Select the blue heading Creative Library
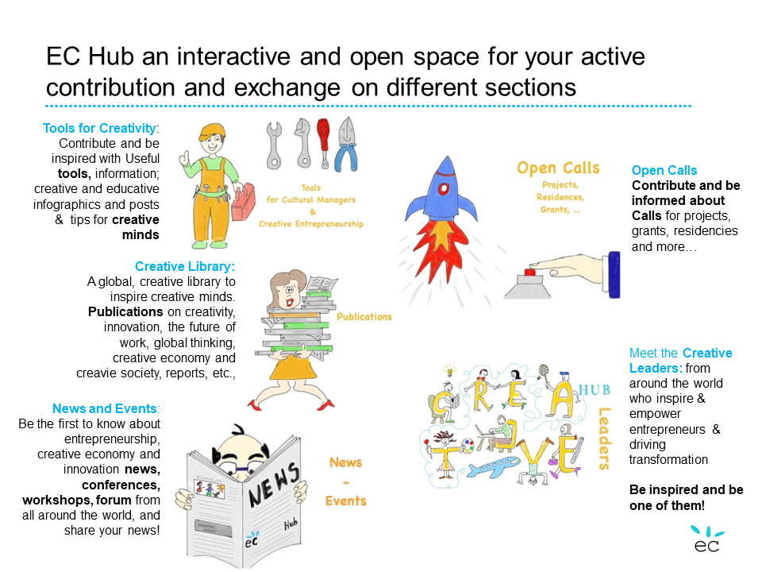185,267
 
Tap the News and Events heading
106,408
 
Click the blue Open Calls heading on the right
664,170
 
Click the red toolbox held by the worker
244,203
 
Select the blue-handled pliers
347,145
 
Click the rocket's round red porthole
443,189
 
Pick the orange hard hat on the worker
213,131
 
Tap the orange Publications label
364,317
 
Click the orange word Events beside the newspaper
345,501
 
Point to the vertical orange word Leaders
604,439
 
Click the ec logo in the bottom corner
707,539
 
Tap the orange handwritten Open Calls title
558,168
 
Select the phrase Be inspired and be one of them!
686,497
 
